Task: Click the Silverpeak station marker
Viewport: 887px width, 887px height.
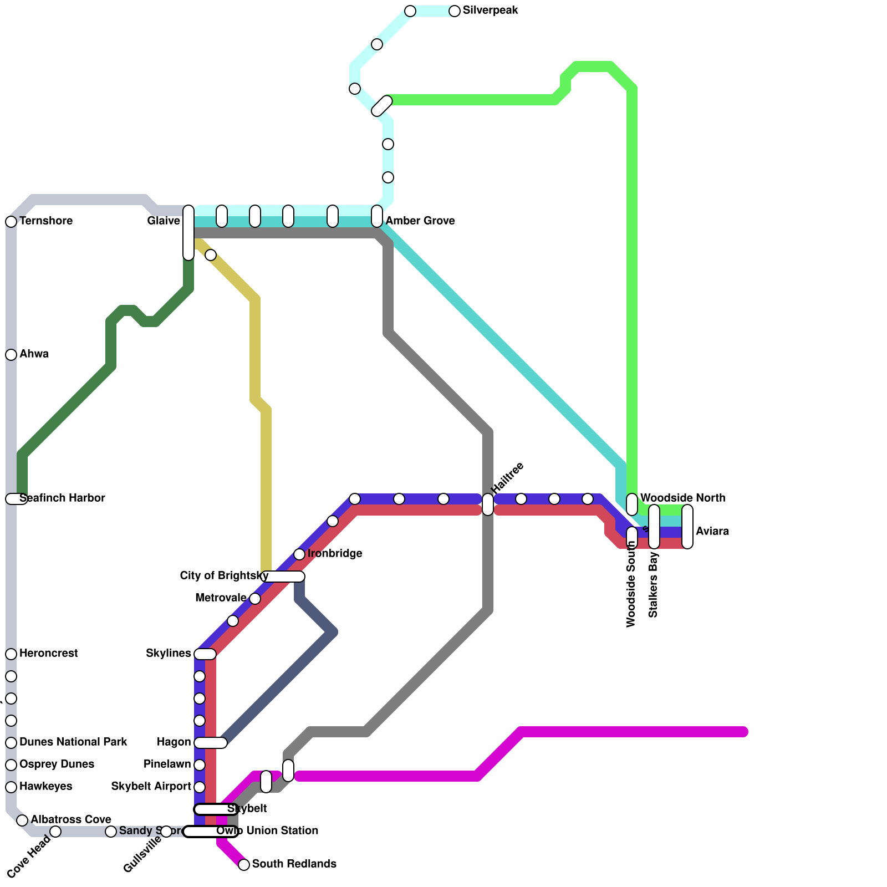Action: (x=455, y=11)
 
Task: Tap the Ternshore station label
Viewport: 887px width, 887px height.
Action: (x=46, y=221)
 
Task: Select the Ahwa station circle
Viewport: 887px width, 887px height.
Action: (x=11, y=355)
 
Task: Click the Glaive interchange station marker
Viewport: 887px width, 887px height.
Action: (x=188, y=232)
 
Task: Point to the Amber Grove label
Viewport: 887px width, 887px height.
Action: (x=420, y=221)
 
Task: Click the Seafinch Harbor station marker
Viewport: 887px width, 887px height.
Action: (x=16, y=499)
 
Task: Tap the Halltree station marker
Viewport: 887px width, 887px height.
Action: (x=488, y=504)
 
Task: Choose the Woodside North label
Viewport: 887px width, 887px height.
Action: (x=682, y=498)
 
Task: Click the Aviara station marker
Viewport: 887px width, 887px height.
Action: (x=687, y=527)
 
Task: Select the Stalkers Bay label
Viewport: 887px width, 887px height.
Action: (x=653, y=584)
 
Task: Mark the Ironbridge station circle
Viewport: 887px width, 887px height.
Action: (x=299, y=554)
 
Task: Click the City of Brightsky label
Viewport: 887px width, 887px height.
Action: (x=224, y=576)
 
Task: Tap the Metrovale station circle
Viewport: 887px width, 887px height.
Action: (x=255, y=599)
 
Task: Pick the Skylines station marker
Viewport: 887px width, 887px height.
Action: (x=205, y=654)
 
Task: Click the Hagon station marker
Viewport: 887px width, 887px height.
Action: (x=211, y=743)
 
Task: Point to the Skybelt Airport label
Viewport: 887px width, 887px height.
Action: (x=151, y=787)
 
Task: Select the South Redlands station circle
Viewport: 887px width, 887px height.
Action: (x=244, y=865)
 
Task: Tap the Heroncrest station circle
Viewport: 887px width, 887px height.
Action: (x=11, y=654)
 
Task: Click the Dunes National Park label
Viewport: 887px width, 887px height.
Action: (x=73, y=742)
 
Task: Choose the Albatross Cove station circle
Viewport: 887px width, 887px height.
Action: (x=22, y=820)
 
